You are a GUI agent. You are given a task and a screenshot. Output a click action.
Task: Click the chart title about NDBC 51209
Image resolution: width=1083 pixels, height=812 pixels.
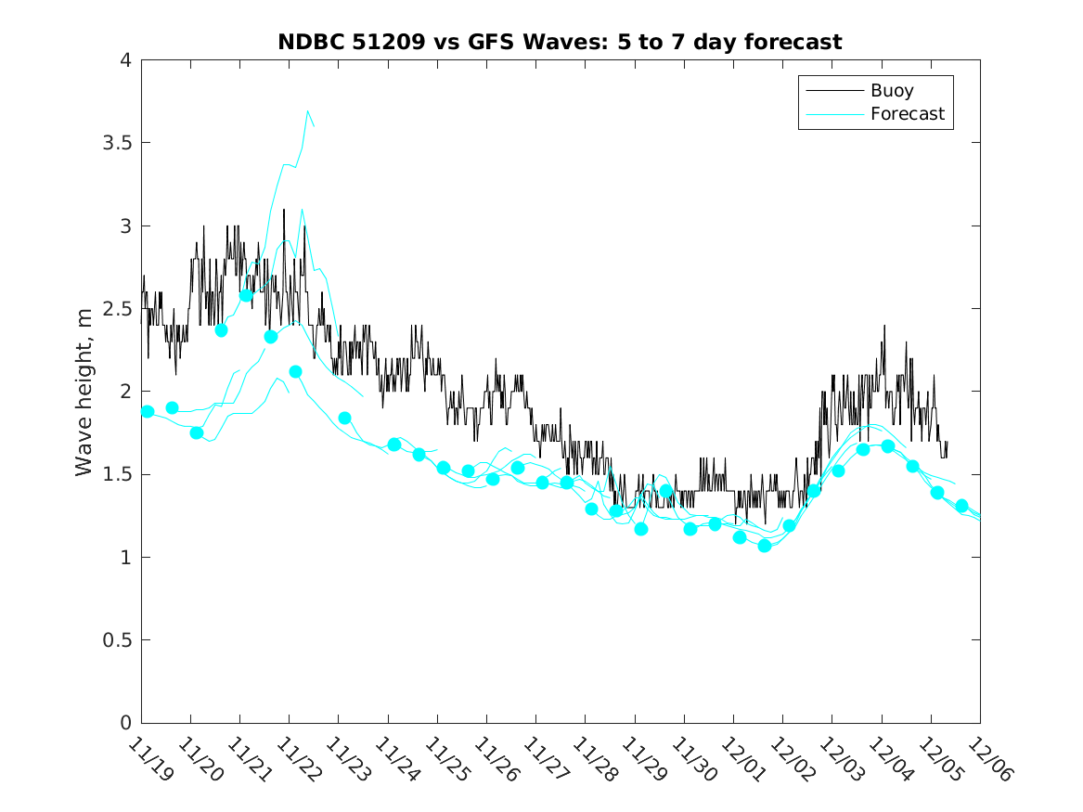[560, 42]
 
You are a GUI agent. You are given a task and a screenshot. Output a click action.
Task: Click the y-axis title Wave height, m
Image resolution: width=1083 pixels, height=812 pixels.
[84, 393]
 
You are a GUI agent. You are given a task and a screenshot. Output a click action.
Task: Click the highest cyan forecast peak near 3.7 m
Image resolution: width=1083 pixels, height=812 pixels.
[307, 110]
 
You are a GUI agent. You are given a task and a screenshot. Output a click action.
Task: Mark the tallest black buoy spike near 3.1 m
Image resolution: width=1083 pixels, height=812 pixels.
[284, 210]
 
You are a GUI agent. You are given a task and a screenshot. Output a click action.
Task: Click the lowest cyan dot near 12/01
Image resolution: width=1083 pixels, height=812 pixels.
[765, 546]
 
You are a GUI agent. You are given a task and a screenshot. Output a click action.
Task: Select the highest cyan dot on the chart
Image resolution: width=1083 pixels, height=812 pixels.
[246, 295]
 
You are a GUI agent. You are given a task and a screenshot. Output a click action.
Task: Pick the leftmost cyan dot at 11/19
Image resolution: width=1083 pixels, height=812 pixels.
[147, 411]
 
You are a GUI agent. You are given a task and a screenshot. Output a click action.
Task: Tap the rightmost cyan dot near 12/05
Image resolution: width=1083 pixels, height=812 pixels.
[961, 506]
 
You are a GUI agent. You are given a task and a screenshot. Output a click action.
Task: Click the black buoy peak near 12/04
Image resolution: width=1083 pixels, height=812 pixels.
[884, 326]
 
